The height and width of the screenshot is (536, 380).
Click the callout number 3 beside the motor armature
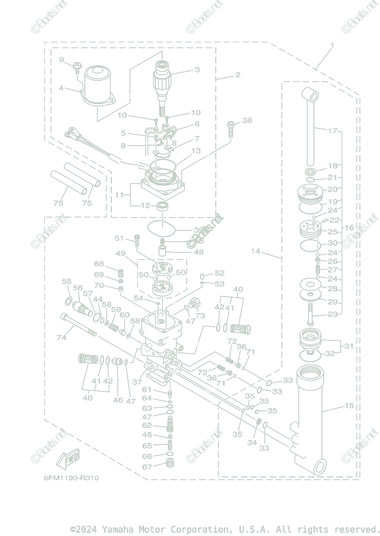pos(197,70)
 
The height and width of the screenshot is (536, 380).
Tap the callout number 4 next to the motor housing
pos(61,88)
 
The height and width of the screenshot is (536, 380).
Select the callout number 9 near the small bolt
pos(62,60)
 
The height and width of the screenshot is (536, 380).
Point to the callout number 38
pos(247,120)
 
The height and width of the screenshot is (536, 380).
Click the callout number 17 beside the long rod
pos(332,131)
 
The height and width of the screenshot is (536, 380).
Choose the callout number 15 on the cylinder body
pos(349,406)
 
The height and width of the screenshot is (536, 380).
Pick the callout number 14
pos(255,251)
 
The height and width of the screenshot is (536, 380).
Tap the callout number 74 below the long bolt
pos(61,338)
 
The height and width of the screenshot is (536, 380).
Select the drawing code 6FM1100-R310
pos(71,478)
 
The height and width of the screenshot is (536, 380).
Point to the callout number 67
pos(147,467)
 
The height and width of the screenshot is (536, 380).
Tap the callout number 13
pos(196,151)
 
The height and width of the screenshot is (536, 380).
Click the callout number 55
pos(67,281)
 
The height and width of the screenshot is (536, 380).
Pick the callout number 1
pos(332,45)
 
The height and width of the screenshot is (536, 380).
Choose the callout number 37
pos(137,382)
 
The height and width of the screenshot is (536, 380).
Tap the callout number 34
pos(252,443)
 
